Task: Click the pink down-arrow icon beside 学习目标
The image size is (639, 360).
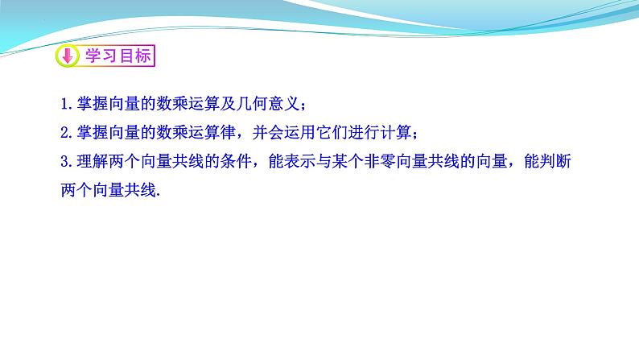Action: pyautogui.click(x=67, y=56)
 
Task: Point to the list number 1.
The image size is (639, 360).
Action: pyautogui.click(x=64, y=105)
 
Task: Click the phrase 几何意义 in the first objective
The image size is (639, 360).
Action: pyautogui.click(x=270, y=105)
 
